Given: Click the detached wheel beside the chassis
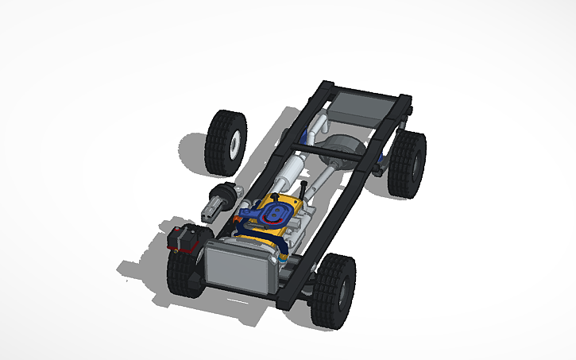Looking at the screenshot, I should point(225,142).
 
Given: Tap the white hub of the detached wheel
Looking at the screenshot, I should point(235,144).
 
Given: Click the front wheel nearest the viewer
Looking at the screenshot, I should point(333,291).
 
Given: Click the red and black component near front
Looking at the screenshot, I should point(186,238).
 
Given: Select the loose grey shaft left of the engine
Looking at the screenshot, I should point(220,202).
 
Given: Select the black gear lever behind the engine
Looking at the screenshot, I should point(305,190).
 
